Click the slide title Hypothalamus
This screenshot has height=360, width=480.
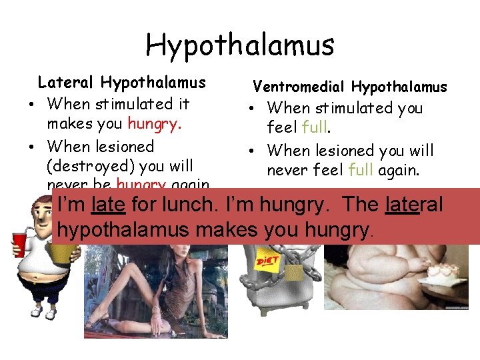pyautogui.click(x=240, y=45)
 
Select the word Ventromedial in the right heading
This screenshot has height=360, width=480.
pyautogui.click(x=299, y=87)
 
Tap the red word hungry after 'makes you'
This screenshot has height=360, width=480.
pyautogui.click(x=145, y=125)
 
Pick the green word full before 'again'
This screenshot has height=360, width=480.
pyautogui.click(x=361, y=171)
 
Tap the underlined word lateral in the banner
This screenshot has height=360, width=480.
pyautogui.click(x=414, y=205)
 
